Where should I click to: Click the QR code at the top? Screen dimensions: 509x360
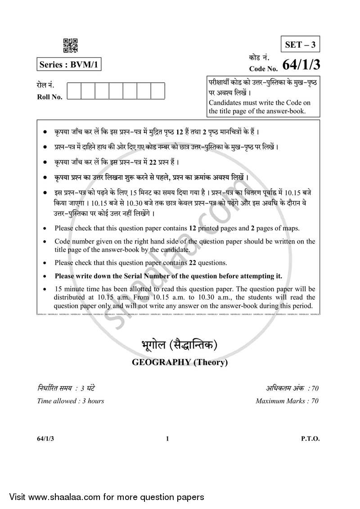[70, 46]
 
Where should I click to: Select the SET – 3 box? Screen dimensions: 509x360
[300, 45]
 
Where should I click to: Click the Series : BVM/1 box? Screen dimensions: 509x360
[68, 64]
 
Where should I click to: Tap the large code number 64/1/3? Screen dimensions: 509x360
[301, 66]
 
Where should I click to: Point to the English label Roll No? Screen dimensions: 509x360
[49, 96]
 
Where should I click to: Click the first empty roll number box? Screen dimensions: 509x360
[74, 90]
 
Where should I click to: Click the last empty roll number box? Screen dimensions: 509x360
[157, 90]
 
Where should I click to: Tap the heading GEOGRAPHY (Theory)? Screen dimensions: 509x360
[179, 362]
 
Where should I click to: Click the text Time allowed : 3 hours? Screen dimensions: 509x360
[70, 401]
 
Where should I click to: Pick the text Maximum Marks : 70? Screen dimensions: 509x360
[287, 401]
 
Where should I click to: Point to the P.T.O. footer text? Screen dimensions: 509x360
[310, 439]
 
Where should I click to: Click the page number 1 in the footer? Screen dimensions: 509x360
[167, 439]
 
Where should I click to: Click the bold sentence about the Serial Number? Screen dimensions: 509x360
[168, 276]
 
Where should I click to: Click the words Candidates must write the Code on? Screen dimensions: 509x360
[259, 103]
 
